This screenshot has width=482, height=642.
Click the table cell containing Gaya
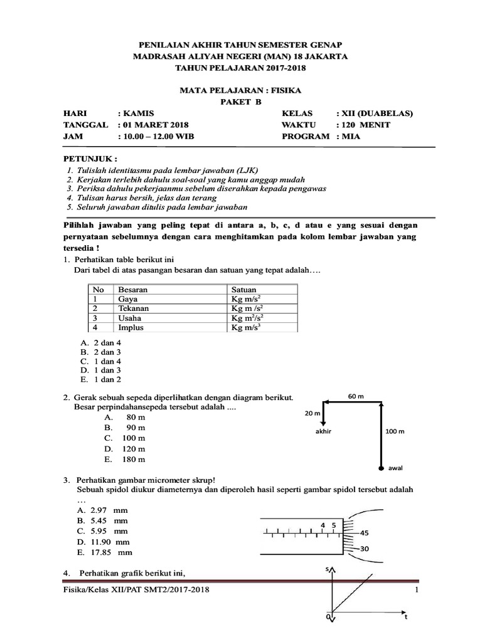coord(128,299)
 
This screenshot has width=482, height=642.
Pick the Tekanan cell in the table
coord(132,308)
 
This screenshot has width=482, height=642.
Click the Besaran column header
coord(133,290)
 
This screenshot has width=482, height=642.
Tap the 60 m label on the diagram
coord(355,396)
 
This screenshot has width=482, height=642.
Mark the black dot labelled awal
coord(381,468)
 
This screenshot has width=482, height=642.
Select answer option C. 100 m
coord(125,438)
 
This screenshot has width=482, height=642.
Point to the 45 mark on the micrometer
coord(368,533)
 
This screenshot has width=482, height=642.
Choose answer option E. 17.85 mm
coord(104,552)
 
